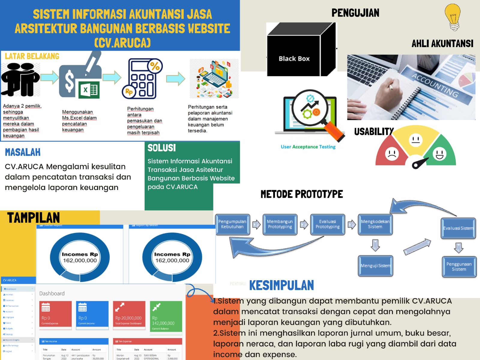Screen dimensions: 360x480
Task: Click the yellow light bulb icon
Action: pos(453,17)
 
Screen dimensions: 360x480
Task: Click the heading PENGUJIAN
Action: pos(355,13)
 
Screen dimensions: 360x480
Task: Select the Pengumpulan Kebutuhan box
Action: pos(232,224)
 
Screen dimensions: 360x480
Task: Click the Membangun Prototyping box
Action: pos(280,224)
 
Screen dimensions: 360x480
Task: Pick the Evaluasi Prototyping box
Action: pos(328,224)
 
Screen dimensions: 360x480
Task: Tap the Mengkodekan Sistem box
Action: pos(375,224)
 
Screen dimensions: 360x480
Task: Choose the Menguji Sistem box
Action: pos(375,265)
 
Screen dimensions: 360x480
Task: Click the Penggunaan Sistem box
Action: pos(459,266)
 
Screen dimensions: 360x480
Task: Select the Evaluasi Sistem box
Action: pos(458,228)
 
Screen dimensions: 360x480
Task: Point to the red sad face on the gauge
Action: pos(391,154)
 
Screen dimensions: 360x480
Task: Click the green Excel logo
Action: pos(89,89)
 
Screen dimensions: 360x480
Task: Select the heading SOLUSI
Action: pos(162,148)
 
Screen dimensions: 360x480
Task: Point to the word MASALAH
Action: pos(23,152)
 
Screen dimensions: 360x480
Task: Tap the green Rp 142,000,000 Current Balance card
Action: pos(166,316)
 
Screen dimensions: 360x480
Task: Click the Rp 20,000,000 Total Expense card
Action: pos(129,315)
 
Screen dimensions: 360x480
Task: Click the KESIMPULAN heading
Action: pos(281,285)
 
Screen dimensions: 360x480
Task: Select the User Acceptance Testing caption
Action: pos(308,147)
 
